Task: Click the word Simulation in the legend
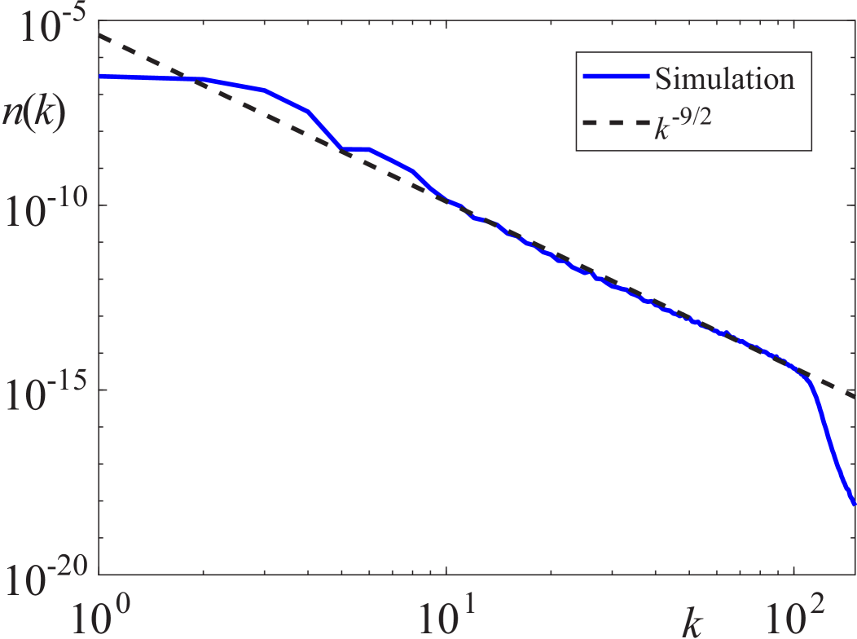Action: pos(724,79)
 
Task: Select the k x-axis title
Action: pos(692,623)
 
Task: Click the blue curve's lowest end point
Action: pos(854,503)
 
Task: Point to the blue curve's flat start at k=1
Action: pos(101,77)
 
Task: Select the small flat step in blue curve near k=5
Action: pos(355,149)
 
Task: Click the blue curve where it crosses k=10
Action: pos(446,200)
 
